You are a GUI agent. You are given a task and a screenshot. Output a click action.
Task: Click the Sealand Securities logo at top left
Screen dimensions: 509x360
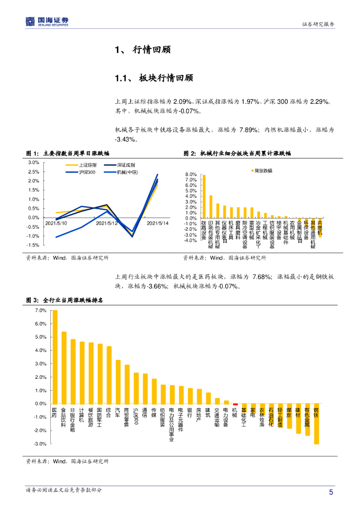pos(47,21)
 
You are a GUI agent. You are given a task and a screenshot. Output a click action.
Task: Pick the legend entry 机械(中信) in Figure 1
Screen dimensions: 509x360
pos(127,172)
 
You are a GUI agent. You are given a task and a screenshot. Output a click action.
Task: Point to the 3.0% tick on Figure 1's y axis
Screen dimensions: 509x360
pos(34,163)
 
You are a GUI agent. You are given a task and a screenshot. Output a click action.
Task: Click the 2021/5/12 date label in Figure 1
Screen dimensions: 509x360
pos(120,223)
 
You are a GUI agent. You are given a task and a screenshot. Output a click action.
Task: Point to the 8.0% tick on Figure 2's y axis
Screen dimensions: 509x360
pos(191,174)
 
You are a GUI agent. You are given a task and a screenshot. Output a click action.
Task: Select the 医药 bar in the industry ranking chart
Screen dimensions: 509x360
pos(55,357)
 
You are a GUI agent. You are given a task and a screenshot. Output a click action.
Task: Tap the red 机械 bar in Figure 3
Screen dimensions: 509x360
pos(235,405)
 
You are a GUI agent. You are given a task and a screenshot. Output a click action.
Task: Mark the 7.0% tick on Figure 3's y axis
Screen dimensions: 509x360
pos(40,311)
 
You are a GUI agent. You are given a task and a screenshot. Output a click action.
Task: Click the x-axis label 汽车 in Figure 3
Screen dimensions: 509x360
pos(117,412)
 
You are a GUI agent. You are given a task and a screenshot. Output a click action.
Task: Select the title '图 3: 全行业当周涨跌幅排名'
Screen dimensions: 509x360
pos(68,300)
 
